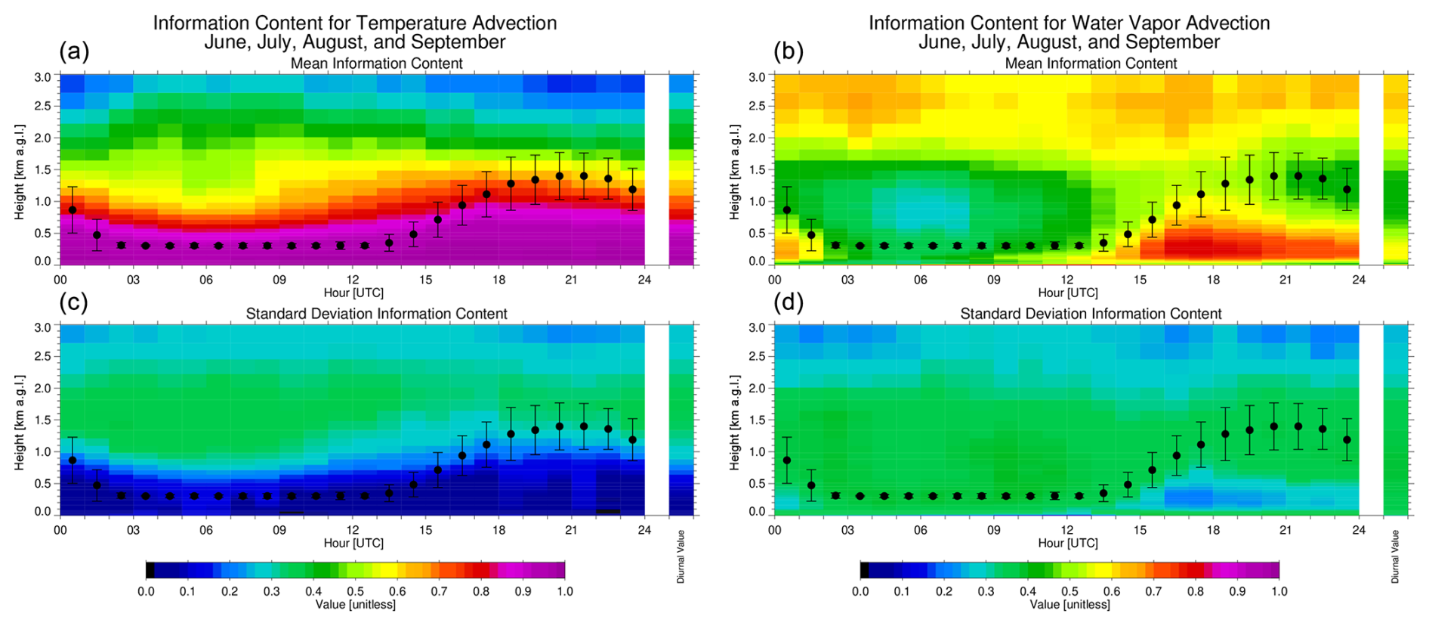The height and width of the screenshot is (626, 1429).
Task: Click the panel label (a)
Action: pyautogui.click(x=74, y=51)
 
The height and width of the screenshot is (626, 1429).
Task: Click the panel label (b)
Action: pyautogui.click(x=789, y=51)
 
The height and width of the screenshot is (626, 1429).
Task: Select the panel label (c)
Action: pyautogui.click(x=74, y=302)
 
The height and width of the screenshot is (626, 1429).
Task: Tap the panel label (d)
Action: pyautogui.click(x=789, y=302)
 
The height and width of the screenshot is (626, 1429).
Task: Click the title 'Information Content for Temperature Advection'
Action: pyautogui.click(x=355, y=23)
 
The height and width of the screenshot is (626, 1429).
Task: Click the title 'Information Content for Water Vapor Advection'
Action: pyautogui.click(x=1069, y=23)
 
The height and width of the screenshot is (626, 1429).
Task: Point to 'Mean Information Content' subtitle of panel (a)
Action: pyautogui.click(x=376, y=64)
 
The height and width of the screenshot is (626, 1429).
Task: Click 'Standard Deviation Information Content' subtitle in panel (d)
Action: pyautogui.click(x=1091, y=314)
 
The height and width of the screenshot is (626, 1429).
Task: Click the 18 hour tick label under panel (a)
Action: pyautogui.click(x=498, y=280)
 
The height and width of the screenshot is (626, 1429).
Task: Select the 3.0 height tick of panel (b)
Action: pyautogui.click(x=756, y=77)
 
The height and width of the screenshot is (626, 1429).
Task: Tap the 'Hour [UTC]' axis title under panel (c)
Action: pyautogui.click(x=353, y=543)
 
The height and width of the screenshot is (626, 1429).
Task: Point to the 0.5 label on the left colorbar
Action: pyautogui.click(x=355, y=591)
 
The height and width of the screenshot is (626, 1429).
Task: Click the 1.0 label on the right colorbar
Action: pyautogui.click(x=1279, y=591)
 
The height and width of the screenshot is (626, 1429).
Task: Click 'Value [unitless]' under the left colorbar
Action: pyautogui.click(x=355, y=604)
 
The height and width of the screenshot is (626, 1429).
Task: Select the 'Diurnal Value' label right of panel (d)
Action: pyautogui.click(x=1395, y=556)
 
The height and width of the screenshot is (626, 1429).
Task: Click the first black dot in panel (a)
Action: pyautogui.click(x=73, y=209)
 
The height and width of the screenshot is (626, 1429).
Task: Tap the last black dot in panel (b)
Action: pyautogui.click(x=1347, y=189)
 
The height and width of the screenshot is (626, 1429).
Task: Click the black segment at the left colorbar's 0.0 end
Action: pyautogui.click(x=150, y=570)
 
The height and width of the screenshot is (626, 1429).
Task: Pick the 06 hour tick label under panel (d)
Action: pyautogui.click(x=920, y=530)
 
